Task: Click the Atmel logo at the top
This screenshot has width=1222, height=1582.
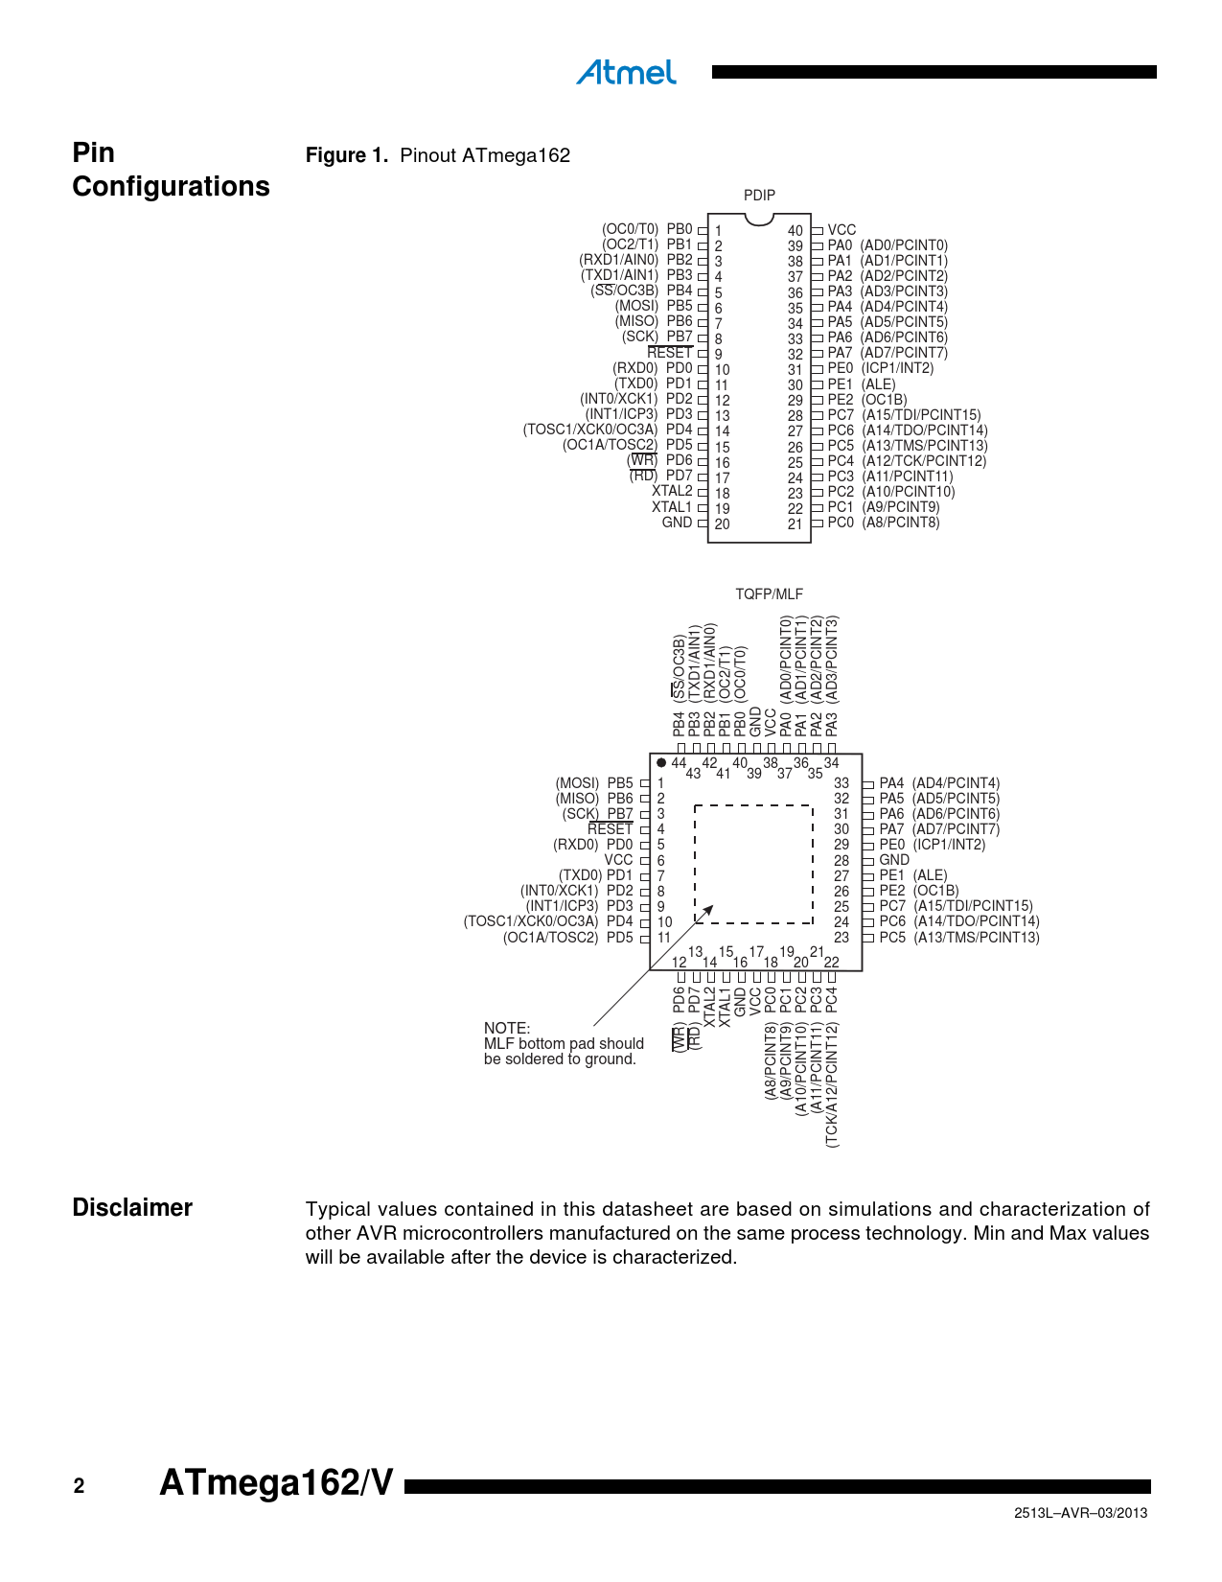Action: (626, 73)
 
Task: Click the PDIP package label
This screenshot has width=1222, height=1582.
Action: (759, 195)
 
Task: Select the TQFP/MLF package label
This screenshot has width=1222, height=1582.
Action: (769, 594)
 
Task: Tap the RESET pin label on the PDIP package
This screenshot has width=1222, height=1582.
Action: (669, 353)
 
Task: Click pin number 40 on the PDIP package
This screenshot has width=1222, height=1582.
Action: (795, 231)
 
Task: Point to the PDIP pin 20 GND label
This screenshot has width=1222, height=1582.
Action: (677, 523)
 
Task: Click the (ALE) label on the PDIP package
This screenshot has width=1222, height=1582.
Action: (878, 384)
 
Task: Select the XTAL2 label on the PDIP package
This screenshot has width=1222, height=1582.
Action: (672, 492)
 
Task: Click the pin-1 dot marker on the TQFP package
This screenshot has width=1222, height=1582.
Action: (661, 763)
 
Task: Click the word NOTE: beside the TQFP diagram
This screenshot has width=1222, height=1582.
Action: (507, 1028)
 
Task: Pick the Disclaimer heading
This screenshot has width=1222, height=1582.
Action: (132, 1208)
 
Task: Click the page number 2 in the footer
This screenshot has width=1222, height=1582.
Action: (79, 1486)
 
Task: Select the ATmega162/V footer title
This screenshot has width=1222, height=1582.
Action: (276, 1483)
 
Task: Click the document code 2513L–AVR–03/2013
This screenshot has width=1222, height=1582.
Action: (1080, 1513)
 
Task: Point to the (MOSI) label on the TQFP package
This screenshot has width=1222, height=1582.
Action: (577, 783)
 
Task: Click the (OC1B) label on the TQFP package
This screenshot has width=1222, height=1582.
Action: (935, 891)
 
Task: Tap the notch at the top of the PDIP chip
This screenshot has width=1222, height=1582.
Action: (759, 220)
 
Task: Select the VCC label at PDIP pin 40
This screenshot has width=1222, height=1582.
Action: (842, 230)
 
